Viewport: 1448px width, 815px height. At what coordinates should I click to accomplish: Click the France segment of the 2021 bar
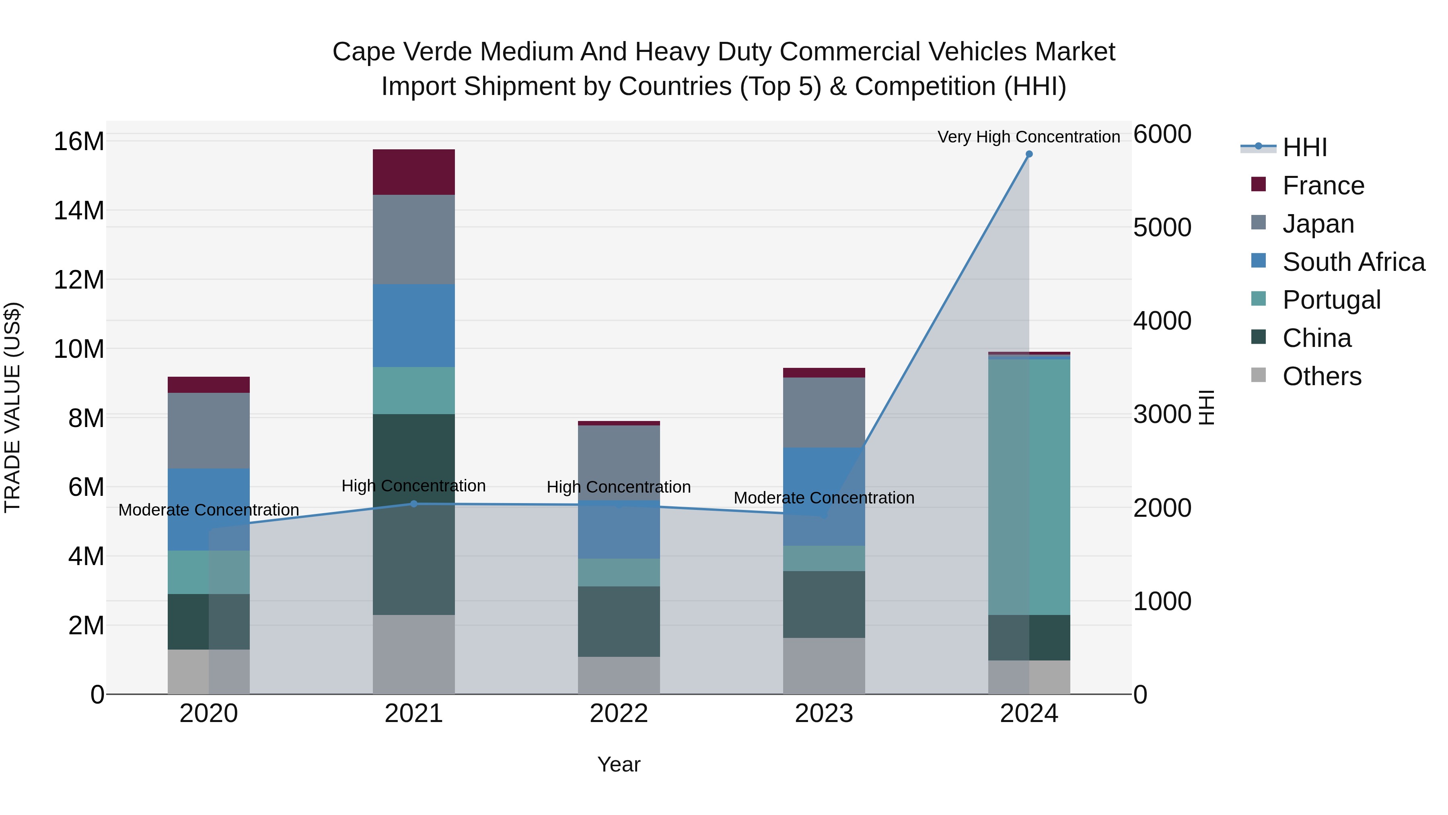pos(414,172)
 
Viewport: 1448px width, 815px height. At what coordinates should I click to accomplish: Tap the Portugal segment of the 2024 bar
pos(1029,487)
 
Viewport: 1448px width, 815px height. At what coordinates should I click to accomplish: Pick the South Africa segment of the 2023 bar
pos(824,496)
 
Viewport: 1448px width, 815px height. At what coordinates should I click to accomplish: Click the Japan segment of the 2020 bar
pos(208,430)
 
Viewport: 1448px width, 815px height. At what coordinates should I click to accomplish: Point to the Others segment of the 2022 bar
pos(619,675)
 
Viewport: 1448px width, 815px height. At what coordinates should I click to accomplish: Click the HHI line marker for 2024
pos(1029,154)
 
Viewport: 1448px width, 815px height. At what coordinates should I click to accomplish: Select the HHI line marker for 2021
pos(414,503)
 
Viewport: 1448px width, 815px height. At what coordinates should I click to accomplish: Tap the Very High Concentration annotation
pos(1028,137)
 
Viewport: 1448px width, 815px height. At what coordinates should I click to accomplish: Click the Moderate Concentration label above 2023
pos(824,498)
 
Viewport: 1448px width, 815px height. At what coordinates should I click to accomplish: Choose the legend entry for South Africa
pos(1353,262)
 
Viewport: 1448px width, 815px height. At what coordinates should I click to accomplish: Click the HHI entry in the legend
pos(1304,147)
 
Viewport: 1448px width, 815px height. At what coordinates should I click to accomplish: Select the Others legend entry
pos(1322,376)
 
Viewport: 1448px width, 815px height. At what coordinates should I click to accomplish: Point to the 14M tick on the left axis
pos(79,211)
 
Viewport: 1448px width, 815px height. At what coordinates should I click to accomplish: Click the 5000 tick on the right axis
pos(1162,228)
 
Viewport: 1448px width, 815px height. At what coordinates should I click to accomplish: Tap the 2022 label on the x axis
pos(619,714)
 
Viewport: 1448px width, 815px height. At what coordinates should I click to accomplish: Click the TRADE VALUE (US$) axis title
pos(13,407)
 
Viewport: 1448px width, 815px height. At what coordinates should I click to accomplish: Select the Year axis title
pos(619,764)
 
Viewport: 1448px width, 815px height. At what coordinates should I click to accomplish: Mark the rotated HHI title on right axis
pos(1206,407)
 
